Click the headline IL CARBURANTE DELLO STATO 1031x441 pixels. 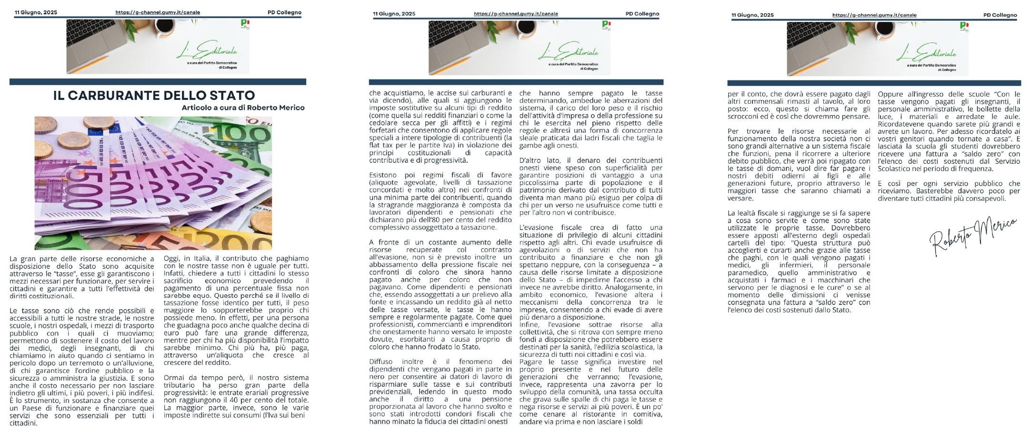(154, 96)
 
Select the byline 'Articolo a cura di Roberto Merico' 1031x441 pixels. (243, 108)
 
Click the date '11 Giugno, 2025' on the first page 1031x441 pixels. (36, 12)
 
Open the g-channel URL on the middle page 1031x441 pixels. (516, 14)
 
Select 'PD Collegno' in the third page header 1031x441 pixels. (1000, 15)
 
